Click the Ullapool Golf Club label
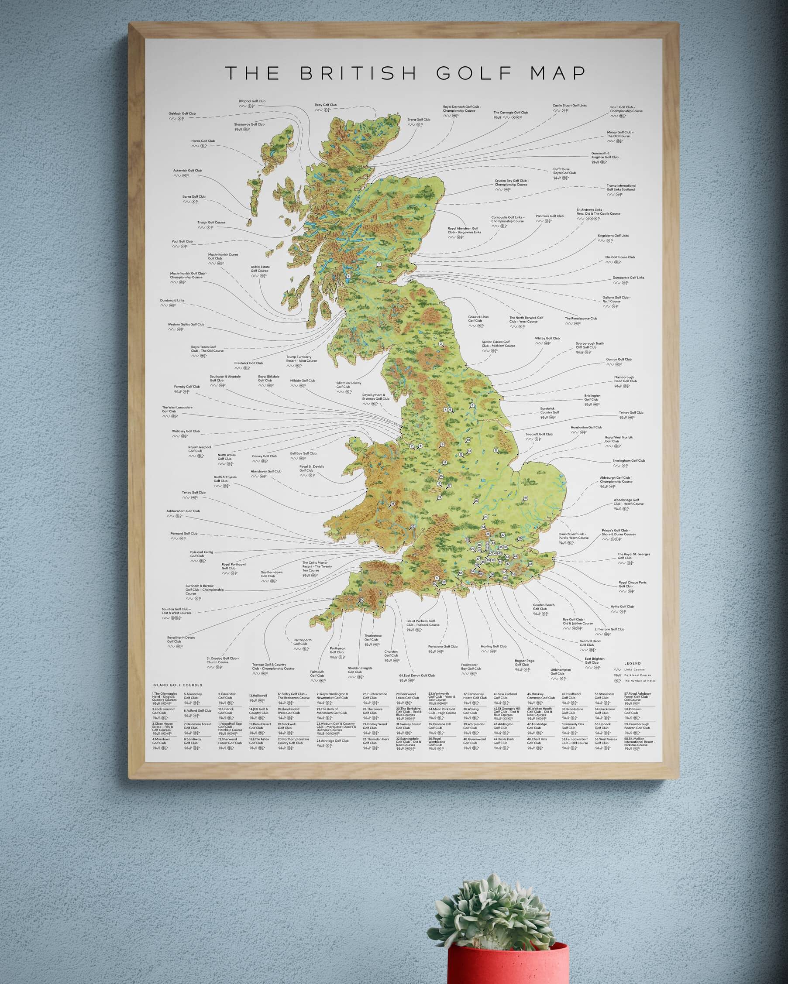(x=251, y=101)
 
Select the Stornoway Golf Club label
(x=249, y=124)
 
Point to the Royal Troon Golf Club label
(x=207, y=349)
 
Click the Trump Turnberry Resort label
(x=301, y=359)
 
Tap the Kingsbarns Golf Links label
(x=613, y=236)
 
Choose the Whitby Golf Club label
(x=547, y=339)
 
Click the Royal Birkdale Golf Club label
(x=268, y=378)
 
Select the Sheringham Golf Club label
(x=629, y=461)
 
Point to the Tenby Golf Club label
(x=193, y=493)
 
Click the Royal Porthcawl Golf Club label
(x=233, y=566)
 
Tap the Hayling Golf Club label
(x=493, y=646)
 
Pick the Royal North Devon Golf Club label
(x=181, y=639)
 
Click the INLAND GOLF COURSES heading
(x=177, y=685)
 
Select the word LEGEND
(x=632, y=663)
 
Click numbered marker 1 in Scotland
(x=379, y=264)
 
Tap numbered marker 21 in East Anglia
(x=526, y=498)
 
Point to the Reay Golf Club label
(x=326, y=105)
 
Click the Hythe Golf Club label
(x=622, y=607)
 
